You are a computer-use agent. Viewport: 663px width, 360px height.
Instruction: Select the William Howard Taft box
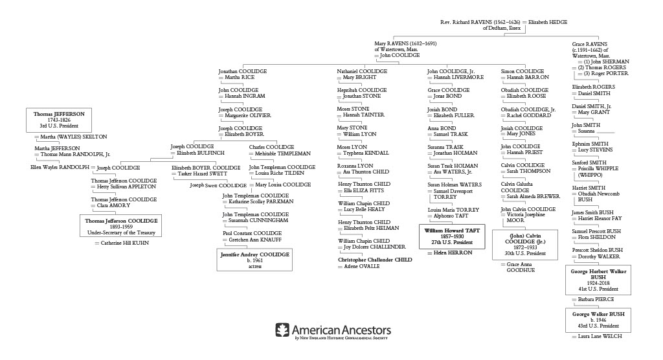(x=451, y=236)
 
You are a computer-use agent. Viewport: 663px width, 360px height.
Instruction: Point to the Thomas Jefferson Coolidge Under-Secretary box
(x=122, y=226)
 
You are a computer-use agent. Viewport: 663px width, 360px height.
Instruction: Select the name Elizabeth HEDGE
(x=547, y=22)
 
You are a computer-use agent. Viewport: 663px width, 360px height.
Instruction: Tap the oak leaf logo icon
(x=283, y=330)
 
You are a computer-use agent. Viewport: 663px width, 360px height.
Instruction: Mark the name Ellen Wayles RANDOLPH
(x=60, y=167)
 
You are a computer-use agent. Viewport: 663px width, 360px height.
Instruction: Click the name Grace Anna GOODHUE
(x=525, y=267)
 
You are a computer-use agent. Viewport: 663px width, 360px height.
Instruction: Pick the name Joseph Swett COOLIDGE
(x=218, y=185)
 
